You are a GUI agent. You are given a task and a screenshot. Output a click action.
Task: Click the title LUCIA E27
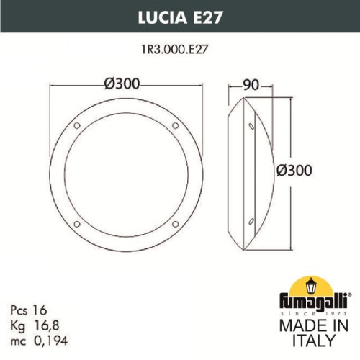[179, 15]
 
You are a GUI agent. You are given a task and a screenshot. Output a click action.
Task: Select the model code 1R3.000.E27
[180, 50]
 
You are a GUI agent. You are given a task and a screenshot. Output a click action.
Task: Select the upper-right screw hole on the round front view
[174, 127]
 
